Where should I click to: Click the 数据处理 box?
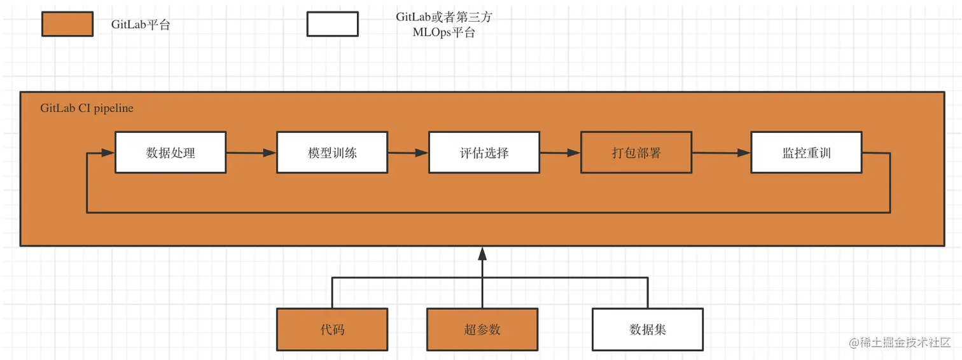coord(170,153)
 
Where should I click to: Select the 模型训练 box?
coord(331,153)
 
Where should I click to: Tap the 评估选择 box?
coord(484,153)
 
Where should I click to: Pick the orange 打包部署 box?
coord(636,153)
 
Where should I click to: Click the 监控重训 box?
coord(806,153)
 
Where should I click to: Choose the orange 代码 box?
coord(331,329)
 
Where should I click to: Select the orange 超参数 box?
coord(482,329)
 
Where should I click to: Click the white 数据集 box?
coord(647,329)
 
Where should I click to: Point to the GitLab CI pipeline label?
coord(87,108)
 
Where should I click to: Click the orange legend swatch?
coord(67,24)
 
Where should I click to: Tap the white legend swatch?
coord(332,24)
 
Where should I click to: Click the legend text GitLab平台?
coord(140,25)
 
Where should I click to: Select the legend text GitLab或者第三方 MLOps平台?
coord(443,25)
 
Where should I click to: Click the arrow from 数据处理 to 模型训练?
coord(251,153)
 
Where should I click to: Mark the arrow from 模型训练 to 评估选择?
coord(408,153)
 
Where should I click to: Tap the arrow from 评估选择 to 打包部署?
coord(560,153)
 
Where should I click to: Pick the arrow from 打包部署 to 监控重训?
coord(721,153)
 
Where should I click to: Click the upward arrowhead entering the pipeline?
coord(482,254)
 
